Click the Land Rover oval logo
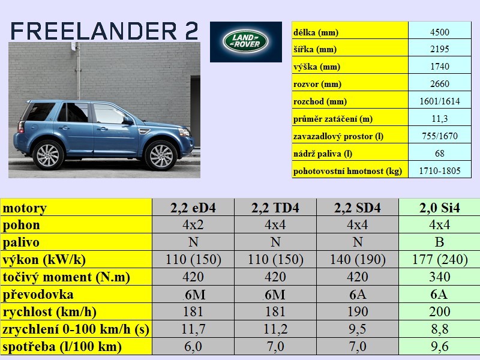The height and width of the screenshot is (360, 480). tap(245, 41)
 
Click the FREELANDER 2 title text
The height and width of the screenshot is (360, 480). tap(104, 31)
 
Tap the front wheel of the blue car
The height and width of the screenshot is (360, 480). tap(161, 156)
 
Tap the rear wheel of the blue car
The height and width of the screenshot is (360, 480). tap(48, 155)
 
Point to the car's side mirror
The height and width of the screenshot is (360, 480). tap(128, 121)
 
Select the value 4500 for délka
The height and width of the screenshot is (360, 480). tap(439, 32)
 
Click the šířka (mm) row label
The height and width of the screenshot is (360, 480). tap(315, 49)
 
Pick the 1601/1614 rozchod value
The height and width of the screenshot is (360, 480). tap(440, 101)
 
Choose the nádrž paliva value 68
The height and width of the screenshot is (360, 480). tap(440, 154)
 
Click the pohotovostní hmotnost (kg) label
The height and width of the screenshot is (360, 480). tap(347, 171)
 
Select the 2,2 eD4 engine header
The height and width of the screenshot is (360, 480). tap(193, 208)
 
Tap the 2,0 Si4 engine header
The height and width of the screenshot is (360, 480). tap(440, 208)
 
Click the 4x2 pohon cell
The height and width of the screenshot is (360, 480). tap(193, 225)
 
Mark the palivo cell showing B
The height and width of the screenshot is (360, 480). tap(439, 242)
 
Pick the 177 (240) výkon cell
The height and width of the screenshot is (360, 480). tap(440, 260)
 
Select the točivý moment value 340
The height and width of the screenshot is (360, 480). tap(440, 277)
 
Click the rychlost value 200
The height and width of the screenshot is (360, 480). tap(440, 311)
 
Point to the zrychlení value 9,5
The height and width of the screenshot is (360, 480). tap(358, 329)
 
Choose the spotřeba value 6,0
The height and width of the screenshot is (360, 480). tap(193, 347)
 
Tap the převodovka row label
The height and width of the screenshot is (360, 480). tap(38, 295)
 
